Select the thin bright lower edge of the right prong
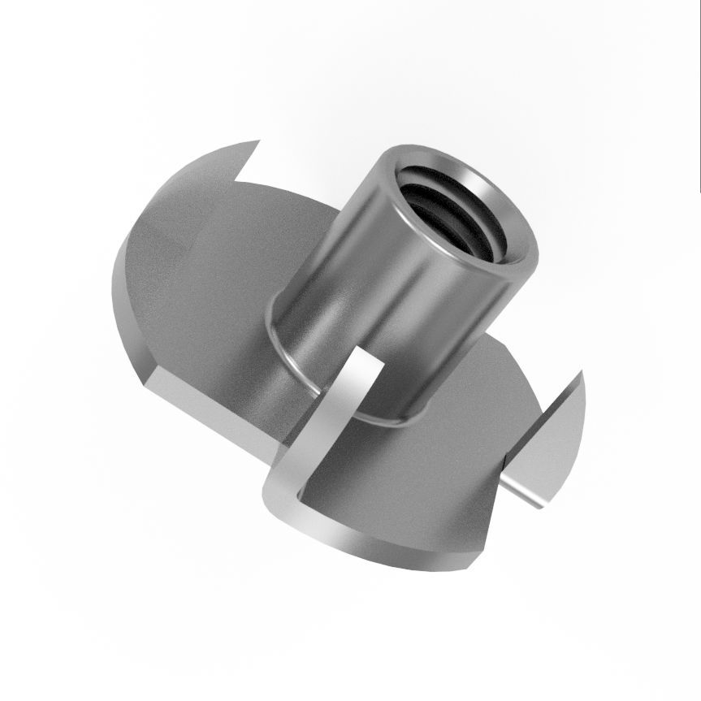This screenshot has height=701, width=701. coord(520,492)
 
